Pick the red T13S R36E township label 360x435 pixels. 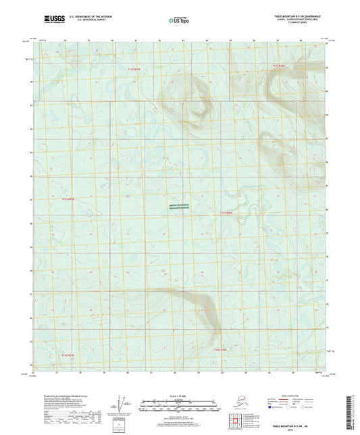tap(226, 213)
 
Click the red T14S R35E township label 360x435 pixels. tap(68, 354)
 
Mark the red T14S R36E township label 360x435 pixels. tap(221, 349)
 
